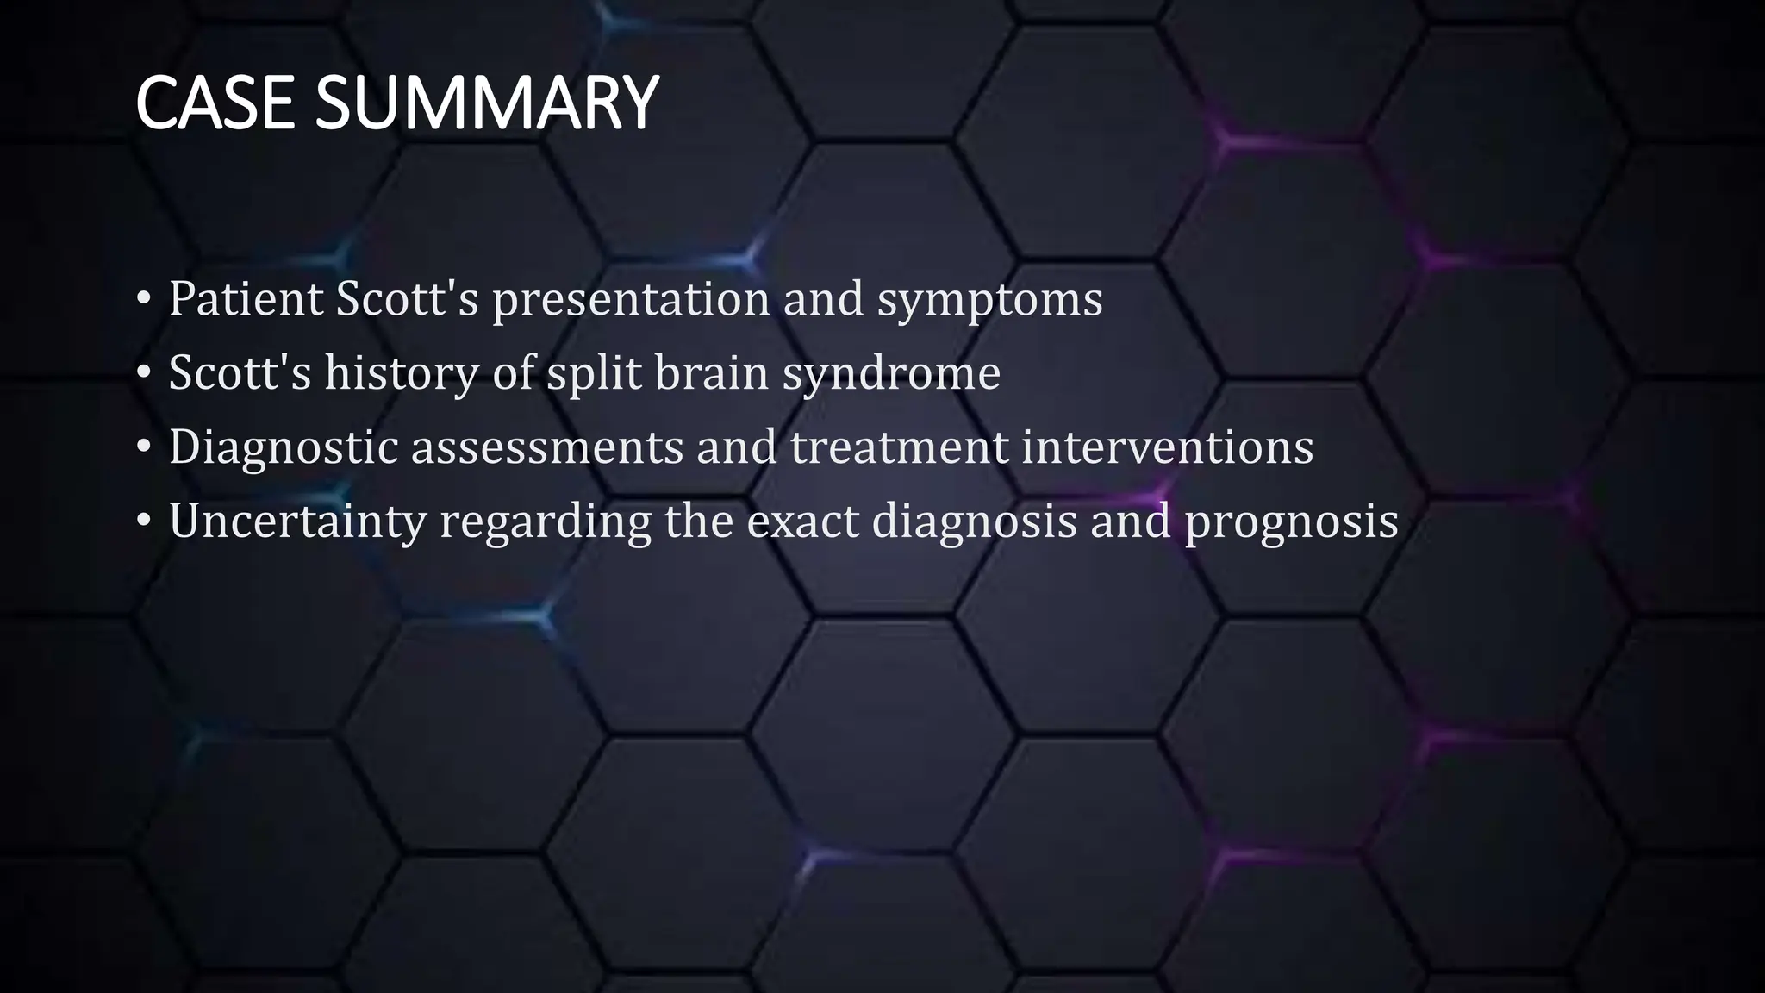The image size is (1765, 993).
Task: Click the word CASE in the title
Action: pos(215,103)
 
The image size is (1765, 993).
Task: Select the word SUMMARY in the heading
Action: pos(486,103)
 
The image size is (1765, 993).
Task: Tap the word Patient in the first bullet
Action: pos(246,299)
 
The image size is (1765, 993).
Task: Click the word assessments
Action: pos(546,447)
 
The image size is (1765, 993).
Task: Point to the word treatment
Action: pos(899,447)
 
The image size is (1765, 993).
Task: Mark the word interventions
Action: pos(1167,447)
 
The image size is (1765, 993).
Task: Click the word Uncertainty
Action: pos(297,521)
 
